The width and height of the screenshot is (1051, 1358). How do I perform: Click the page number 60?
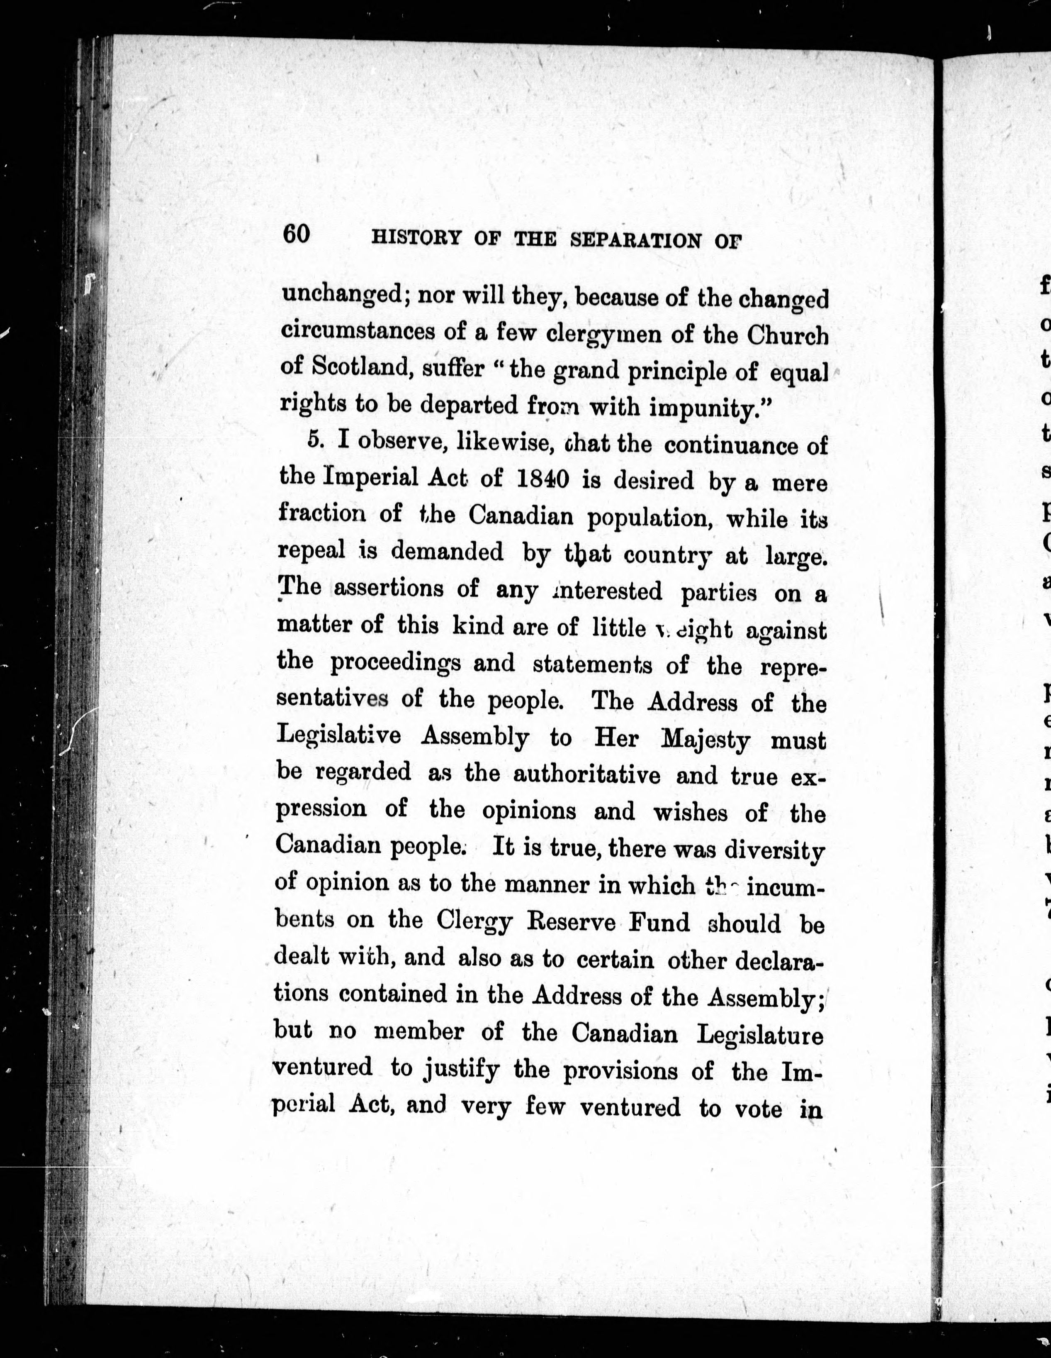[296, 234]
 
